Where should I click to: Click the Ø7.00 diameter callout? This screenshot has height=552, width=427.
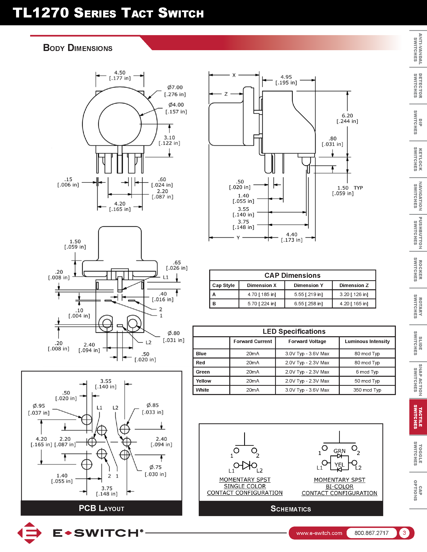tap(175, 91)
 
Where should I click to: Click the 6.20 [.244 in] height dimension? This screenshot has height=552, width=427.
tap(347, 118)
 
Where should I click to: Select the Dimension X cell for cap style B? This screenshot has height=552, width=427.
tap(262, 303)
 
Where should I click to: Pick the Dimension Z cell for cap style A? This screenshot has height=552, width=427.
tap(354, 294)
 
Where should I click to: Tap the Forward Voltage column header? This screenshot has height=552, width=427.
tap(307, 341)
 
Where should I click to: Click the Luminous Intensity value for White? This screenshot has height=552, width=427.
tap(367, 390)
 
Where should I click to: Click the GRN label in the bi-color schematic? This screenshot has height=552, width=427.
tap(339, 451)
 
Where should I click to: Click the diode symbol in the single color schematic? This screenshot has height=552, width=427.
tap(246, 465)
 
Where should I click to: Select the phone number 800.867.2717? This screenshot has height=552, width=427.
tap(371, 533)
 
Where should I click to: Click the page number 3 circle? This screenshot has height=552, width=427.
tap(404, 533)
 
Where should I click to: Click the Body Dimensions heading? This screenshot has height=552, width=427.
tap(78, 48)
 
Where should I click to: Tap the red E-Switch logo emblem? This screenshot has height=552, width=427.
tap(30, 533)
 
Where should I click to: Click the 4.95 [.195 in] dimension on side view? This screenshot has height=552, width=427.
tap(286, 80)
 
